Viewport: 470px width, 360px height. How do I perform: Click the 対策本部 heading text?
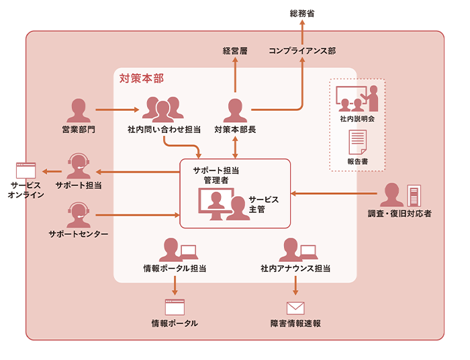(x=141, y=79)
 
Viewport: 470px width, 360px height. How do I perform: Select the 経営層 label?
(x=235, y=51)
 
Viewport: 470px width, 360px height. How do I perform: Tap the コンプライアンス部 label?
(x=302, y=51)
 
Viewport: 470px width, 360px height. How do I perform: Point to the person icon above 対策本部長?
(x=235, y=110)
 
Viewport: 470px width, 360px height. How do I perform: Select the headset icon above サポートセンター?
(x=79, y=215)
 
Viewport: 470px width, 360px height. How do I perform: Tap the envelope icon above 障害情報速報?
(x=295, y=308)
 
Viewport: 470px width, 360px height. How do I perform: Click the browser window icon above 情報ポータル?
(x=175, y=308)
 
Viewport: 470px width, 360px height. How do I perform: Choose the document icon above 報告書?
(x=357, y=142)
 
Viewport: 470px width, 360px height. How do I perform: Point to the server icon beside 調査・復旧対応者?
(x=413, y=195)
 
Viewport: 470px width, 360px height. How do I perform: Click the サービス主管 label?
(x=263, y=205)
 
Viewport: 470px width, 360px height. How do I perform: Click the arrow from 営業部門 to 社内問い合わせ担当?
(x=118, y=109)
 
